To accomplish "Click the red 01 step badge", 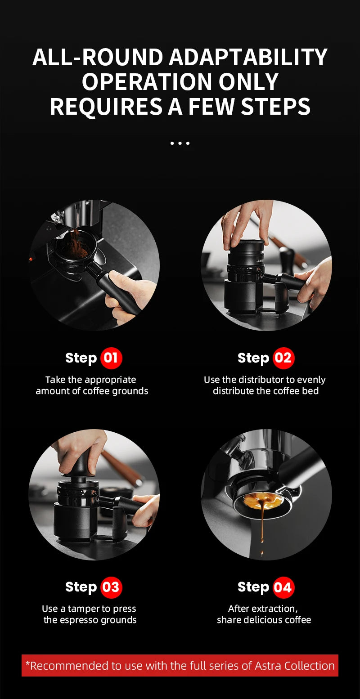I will [x=111, y=358].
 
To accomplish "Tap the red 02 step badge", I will [x=283, y=358].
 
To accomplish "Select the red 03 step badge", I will [x=111, y=587].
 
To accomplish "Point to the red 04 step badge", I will [x=283, y=587].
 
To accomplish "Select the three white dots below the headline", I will [x=180, y=143].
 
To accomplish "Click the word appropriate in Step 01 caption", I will [x=110, y=380].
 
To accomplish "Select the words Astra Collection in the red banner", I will [x=295, y=666].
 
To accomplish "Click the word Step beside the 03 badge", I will [x=81, y=587].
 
